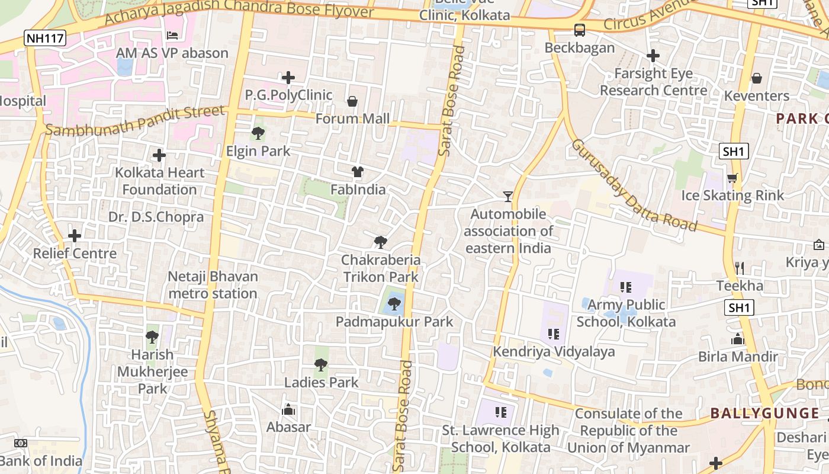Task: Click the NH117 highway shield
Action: coord(45,39)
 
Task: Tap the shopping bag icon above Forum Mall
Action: coord(352,101)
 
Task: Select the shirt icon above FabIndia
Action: coord(358,172)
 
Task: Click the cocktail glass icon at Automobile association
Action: coord(507,196)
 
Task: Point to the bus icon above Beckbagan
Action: coord(579,30)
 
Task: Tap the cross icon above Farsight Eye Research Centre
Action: coord(653,56)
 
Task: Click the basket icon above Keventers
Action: coord(756,78)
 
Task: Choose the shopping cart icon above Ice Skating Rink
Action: coord(732,178)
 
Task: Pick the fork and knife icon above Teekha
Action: coord(739,268)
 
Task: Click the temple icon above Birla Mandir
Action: coord(737,339)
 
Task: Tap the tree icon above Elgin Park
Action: coord(258,133)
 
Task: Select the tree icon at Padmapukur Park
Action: coord(394,304)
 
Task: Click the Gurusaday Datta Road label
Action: coord(633,185)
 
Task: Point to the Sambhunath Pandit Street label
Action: coord(136,121)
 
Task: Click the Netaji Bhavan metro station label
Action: coord(213,285)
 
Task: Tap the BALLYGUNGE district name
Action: coord(764,413)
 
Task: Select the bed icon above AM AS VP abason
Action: coord(172,36)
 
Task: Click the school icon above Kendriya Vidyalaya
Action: coord(554,334)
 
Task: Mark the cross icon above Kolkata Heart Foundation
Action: coord(159,155)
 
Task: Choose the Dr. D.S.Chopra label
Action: coord(156,217)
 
